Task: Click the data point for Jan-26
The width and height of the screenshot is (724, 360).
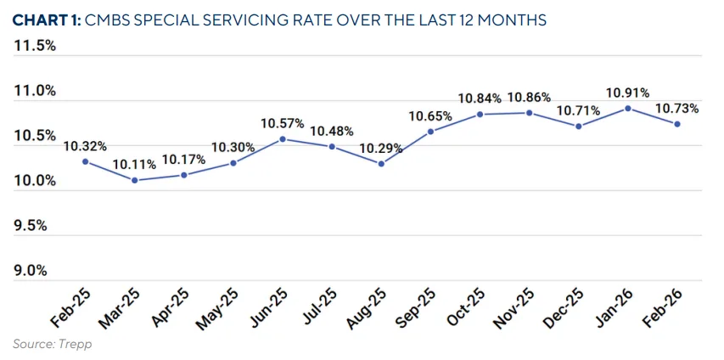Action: [x=628, y=108]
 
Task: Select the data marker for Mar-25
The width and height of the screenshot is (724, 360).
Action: [x=134, y=180]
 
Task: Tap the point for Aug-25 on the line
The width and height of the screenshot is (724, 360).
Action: [x=381, y=164]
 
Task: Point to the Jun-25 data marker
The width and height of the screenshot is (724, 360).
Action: [x=283, y=138]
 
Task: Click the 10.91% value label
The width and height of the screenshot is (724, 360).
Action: [x=628, y=92]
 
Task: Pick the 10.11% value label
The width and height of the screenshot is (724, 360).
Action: [x=134, y=164]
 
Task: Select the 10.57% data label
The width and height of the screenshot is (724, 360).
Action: [x=283, y=123]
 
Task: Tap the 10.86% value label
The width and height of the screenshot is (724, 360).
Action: [x=529, y=97]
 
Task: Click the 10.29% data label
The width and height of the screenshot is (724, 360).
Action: [x=381, y=148]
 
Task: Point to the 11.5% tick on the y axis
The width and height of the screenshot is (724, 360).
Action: [x=35, y=46]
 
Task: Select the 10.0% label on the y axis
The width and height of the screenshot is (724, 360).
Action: [x=35, y=181]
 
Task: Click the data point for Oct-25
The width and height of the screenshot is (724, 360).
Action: [x=480, y=114]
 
